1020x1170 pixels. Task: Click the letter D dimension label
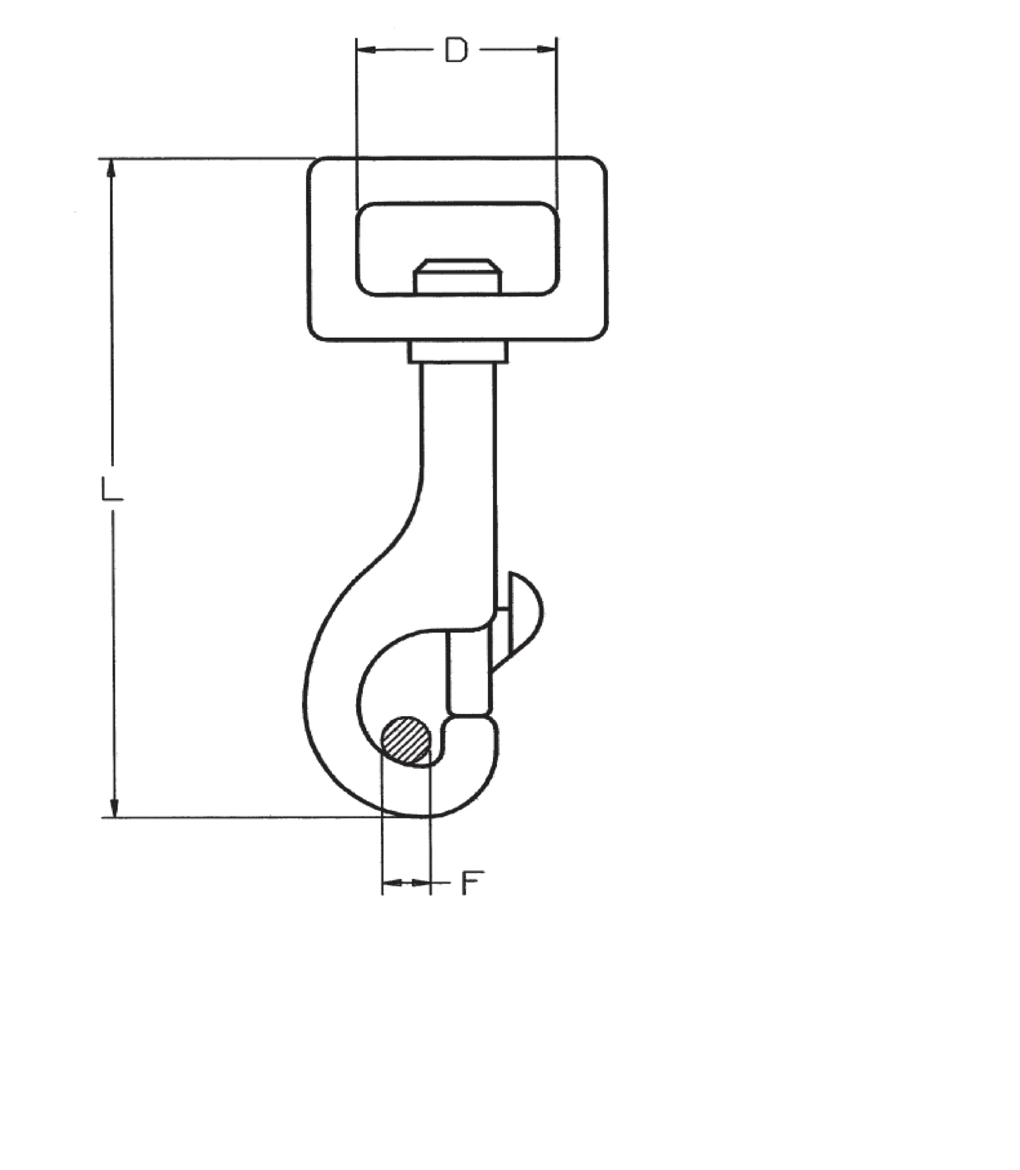pyautogui.click(x=456, y=50)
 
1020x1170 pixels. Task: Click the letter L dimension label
pyautogui.click(x=111, y=489)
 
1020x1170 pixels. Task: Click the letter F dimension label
pyautogui.click(x=472, y=883)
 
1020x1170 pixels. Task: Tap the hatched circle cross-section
pyautogui.click(x=406, y=739)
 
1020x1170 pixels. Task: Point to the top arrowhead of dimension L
pyautogui.click(x=111, y=168)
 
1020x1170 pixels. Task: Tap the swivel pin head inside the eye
pyautogui.click(x=458, y=277)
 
